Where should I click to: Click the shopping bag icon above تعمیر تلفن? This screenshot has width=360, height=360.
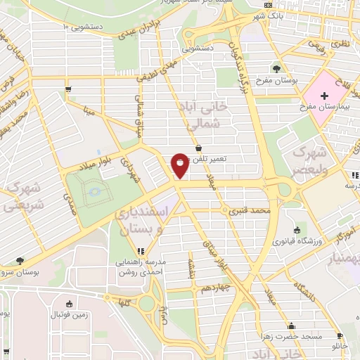pos(199,148)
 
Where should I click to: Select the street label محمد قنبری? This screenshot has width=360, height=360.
pos(253,210)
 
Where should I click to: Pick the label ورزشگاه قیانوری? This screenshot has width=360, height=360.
pos(302,241)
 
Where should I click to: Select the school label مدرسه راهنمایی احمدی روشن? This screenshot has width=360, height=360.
pos(139,265)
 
